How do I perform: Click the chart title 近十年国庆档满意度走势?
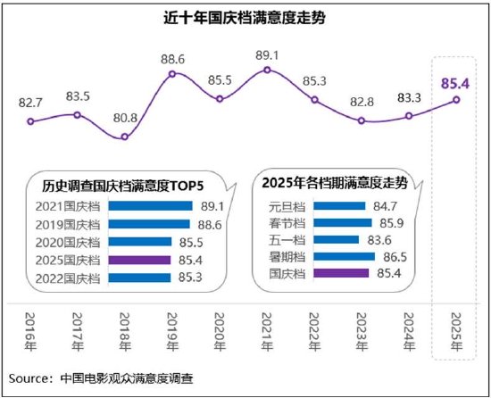pyautogui.click(x=244, y=17)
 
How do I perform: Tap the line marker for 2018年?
pyautogui.click(x=125, y=137)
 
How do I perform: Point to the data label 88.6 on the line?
pyautogui.click(x=173, y=59)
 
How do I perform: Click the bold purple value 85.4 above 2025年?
pyautogui.click(x=456, y=85)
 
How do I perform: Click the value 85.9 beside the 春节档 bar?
pyautogui.click(x=386, y=222)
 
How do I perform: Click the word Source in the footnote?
pyautogui.click(x=33, y=376)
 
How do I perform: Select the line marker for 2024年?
pyautogui.click(x=409, y=117)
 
